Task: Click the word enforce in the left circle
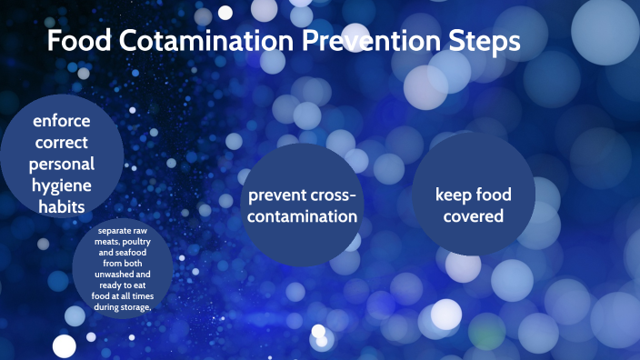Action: tap(62, 121)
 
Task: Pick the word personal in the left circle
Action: tap(62, 165)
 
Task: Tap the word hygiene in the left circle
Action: tap(62, 185)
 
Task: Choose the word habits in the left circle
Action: tap(62, 207)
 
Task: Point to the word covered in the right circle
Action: tap(474, 216)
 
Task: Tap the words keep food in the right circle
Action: tap(474, 195)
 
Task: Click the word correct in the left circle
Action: tap(62, 143)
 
